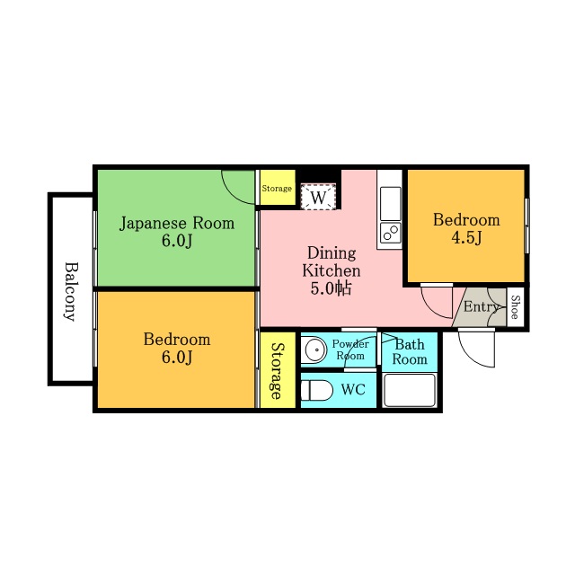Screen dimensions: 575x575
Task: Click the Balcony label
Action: coord(71,291)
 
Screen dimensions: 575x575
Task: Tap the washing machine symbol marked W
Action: coord(318,197)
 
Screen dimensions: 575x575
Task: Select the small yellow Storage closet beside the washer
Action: coord(278,188)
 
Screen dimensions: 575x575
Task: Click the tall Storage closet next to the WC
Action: coord(278,369)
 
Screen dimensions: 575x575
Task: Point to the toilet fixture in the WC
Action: coord(316,390)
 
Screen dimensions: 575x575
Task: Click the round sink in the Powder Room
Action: coord(314,349)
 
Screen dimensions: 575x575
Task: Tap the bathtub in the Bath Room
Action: coord(410,390)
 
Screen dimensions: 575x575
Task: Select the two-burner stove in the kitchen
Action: coord(390,233)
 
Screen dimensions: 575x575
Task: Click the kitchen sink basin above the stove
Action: coord(390,204)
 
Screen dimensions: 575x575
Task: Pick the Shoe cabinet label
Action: coord(515,307)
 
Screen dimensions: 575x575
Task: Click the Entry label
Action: coord(482,306)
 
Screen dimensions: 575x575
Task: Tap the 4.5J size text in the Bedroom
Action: coord(466,238)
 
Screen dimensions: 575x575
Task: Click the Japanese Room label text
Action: coord(177,224)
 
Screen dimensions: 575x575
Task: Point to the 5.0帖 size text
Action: coord(331,288)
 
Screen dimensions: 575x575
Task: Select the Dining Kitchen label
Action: coord(332,261)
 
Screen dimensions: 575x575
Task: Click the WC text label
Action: coord(353,389)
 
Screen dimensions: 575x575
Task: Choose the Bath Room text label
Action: coord(410,351)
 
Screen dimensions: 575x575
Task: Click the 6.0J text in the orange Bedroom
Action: coord(177,357)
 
